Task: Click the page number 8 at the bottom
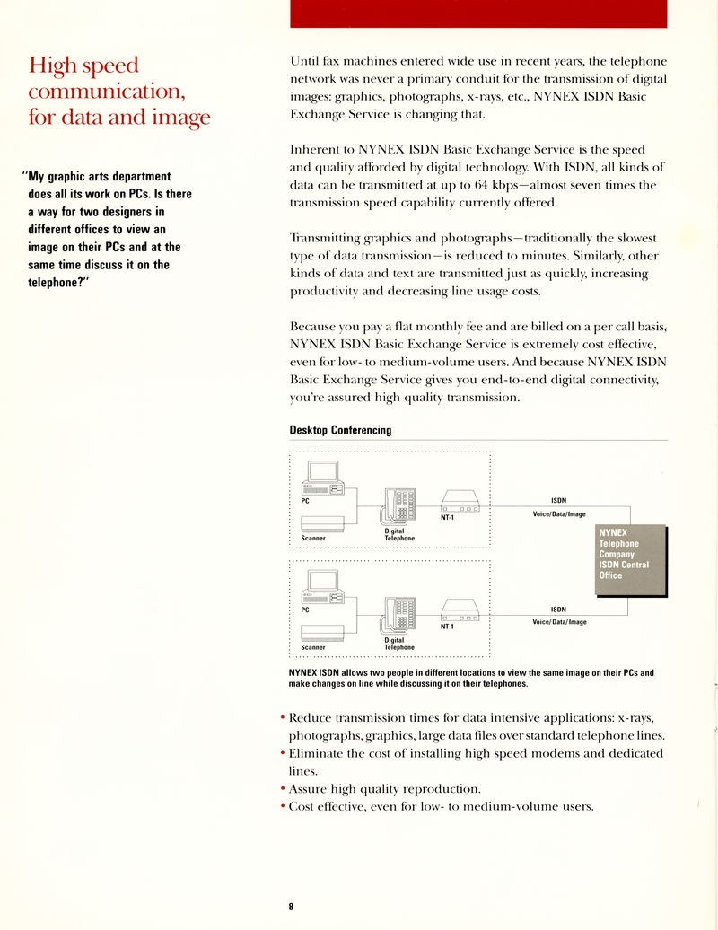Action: point(291,907)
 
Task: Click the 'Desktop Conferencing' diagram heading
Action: point(340,430)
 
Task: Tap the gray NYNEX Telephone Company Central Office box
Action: point(631,559)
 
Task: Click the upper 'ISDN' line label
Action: point(558,500)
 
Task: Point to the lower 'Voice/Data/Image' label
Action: point(559,621)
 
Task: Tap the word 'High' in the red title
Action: point(51,66)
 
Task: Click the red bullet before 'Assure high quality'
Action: point(283,789)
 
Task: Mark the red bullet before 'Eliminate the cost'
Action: point(283,754)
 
